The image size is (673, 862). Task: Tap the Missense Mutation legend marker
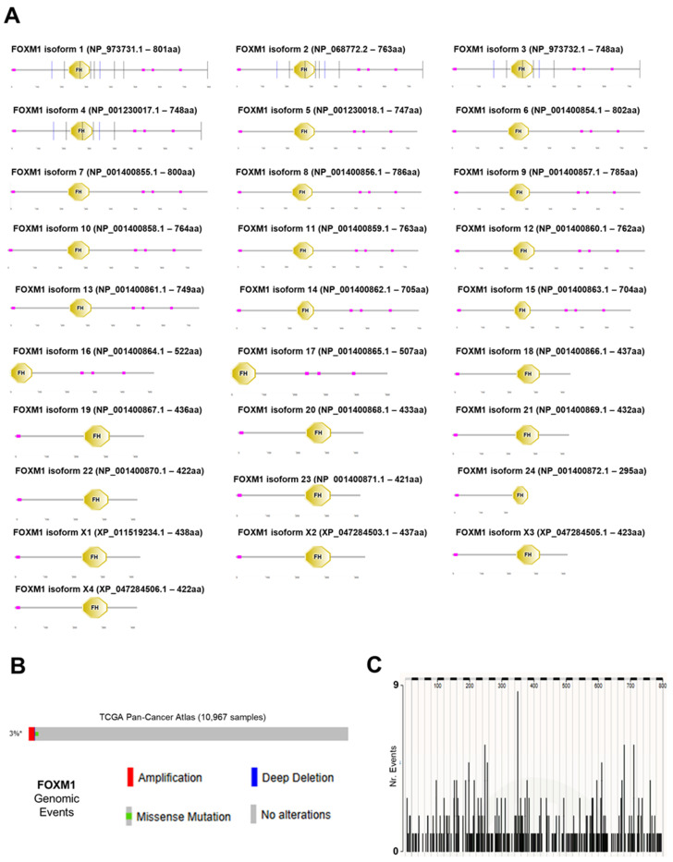129,815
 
